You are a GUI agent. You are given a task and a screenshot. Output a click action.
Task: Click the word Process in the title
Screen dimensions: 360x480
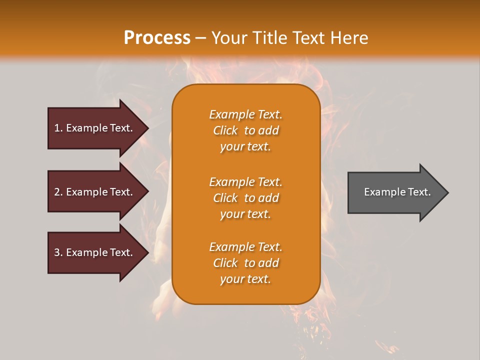tap(157, 38)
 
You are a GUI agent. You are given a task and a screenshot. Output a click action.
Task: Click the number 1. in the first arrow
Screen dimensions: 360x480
tap(58, 128)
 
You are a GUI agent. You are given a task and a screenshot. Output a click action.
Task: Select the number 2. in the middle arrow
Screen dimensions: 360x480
tap(58, 192)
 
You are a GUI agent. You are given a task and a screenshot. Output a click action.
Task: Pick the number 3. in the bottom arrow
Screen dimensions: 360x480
tap(58, 252)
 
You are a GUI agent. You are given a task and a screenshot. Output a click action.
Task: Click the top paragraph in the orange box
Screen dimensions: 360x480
tap(245, 130)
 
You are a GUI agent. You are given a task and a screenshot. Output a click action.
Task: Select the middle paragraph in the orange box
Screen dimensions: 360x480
tap(245, 198)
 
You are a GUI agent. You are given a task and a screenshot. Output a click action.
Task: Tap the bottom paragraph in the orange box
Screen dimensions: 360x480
tap(245, 263)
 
